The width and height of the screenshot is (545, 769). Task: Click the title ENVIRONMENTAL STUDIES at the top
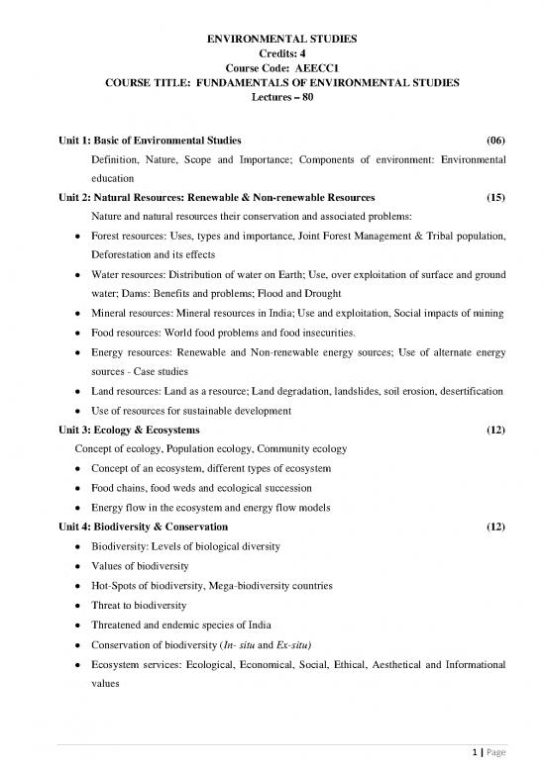coord(273,37)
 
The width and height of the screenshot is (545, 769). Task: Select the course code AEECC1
coord(296,68)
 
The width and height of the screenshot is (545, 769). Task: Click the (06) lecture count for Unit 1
coord(491,139)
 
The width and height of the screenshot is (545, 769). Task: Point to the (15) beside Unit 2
coord(491,197)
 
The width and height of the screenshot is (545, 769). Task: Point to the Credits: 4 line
coord(273,52)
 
